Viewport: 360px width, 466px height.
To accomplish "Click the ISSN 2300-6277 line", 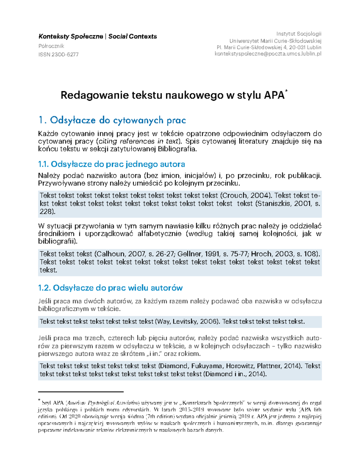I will (x=58, y=55).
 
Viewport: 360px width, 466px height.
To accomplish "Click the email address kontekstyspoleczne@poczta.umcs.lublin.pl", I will (x=268, y=54).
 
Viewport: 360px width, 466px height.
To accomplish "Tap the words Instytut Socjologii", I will (x=298, y=34).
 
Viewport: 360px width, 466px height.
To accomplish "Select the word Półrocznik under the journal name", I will (x=51, y=46).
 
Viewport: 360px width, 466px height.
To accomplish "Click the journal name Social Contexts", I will (x=133, y=37).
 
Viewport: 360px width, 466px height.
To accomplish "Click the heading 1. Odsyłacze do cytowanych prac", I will (x=112, y=120).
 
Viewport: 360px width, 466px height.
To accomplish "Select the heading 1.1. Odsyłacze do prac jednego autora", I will (x=112, y=164).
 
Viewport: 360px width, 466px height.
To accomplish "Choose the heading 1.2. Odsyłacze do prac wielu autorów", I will (x=110, y=288).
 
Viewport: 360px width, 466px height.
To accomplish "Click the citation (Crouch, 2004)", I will (x=246, y=196).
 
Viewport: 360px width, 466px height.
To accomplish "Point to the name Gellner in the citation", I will (x=189, y=254).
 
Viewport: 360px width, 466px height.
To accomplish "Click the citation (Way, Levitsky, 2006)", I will (x=187, y=322).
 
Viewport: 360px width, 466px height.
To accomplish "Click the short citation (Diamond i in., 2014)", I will (x=235, y=374).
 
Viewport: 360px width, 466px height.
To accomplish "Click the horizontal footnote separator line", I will (x=81, y=392).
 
